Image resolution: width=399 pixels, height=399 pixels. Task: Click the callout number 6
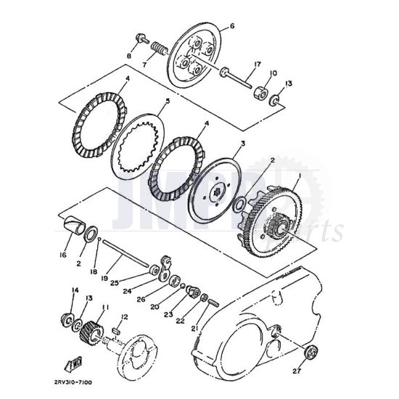[232, 26]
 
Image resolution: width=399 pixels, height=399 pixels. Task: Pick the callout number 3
[243, 144]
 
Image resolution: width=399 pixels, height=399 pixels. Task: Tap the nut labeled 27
[312, 353]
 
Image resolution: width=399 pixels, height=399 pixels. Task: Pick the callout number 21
[194, 328]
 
